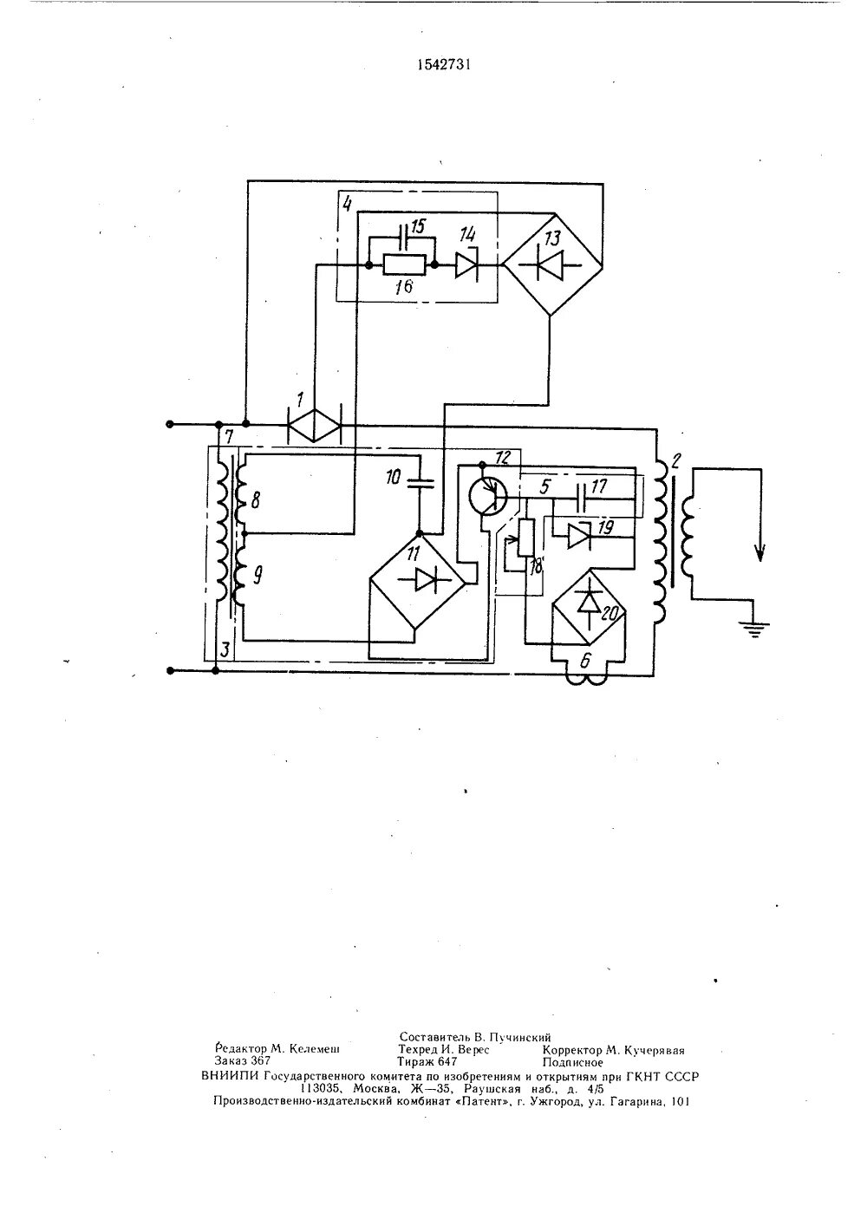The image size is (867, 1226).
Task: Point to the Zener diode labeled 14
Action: point(466,266)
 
